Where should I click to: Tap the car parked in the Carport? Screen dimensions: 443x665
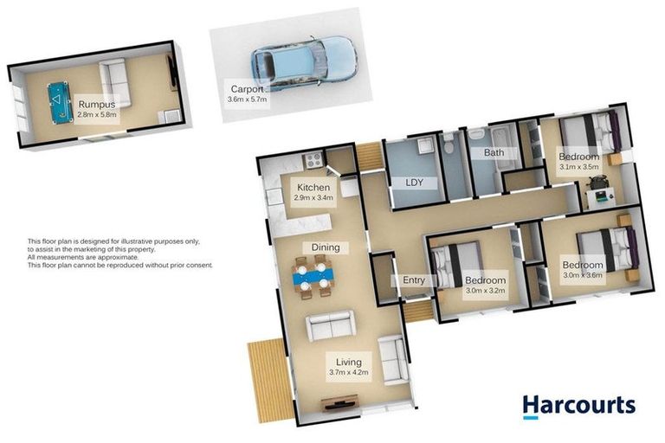[302, 62]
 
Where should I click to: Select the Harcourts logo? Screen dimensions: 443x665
[578, 406]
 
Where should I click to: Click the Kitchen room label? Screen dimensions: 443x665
[313, 188]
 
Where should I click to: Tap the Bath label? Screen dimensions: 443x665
[494, 153]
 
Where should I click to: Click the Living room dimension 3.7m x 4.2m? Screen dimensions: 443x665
[348, 373]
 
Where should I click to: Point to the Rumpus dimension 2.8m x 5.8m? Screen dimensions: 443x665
[95, 113]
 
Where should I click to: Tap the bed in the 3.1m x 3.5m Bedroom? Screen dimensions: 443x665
[589, 132]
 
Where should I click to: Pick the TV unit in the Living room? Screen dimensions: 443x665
[337, 403]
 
